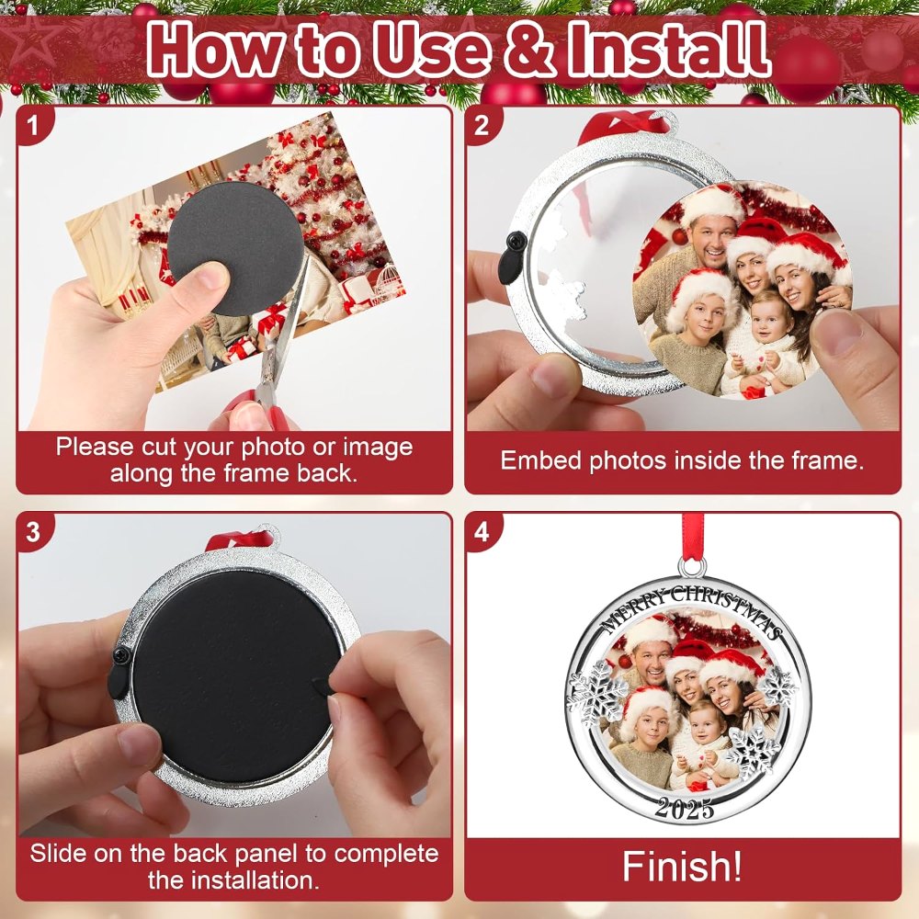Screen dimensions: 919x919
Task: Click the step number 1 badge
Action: point(33,124)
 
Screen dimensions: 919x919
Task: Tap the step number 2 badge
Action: point(482,124)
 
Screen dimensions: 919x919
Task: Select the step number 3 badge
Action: point(33,531)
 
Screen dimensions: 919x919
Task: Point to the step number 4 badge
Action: point(482,531)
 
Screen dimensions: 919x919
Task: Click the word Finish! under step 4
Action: point(682,867)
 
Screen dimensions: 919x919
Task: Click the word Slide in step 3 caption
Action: point(58,854)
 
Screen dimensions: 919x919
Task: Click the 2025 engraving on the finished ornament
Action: point(685,809)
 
